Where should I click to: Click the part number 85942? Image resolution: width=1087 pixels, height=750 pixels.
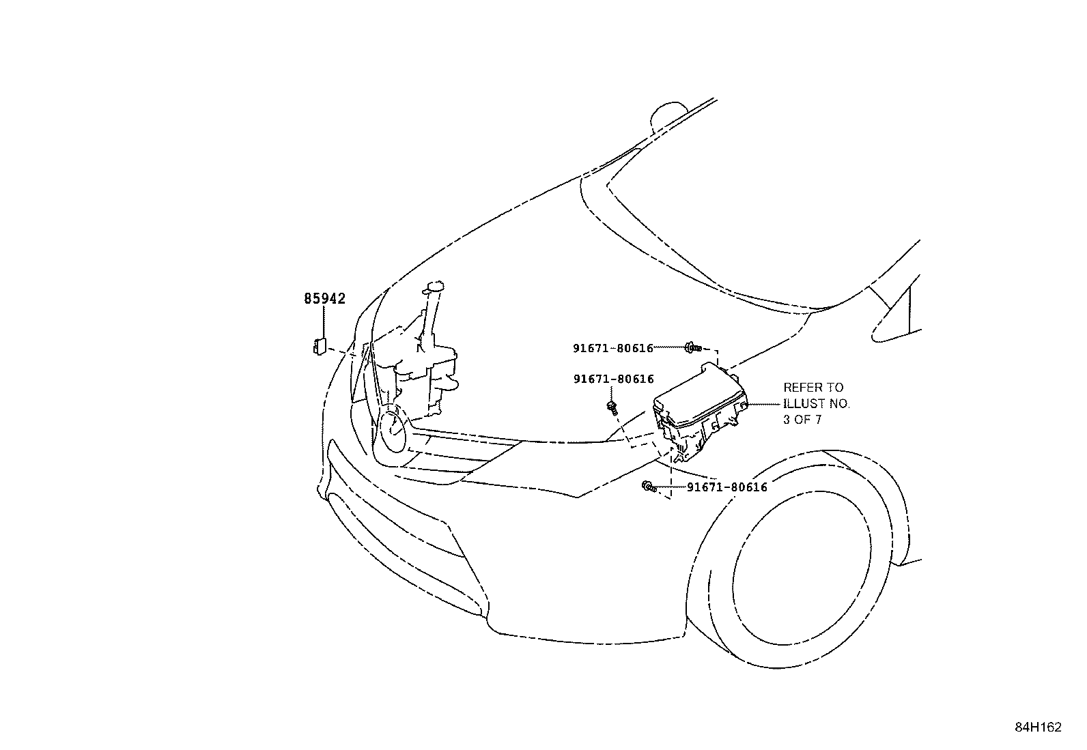tap(324, 298)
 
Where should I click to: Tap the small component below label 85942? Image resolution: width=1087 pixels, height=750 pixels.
tap(320, 346)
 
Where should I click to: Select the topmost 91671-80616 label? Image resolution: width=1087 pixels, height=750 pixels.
tap(613, 348)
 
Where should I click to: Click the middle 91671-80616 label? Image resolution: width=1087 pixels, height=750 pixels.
tap(613, 379)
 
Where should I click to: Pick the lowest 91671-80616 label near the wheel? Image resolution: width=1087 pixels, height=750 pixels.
tap(727, 487)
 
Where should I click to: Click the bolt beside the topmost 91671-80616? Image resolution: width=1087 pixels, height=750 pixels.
tap(693, 347)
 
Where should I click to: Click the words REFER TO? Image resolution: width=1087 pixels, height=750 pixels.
tap(813, 388)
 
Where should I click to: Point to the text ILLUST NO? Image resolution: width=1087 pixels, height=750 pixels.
tap(817, 403)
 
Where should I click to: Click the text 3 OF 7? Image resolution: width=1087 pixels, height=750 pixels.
tap(802, 420)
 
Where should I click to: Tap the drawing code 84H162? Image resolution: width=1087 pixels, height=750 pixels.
tap(1038, 727)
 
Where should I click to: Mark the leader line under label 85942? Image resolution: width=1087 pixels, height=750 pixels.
tap(324, 321)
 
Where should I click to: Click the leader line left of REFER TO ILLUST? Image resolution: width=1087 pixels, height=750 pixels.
tap(764, 404)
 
